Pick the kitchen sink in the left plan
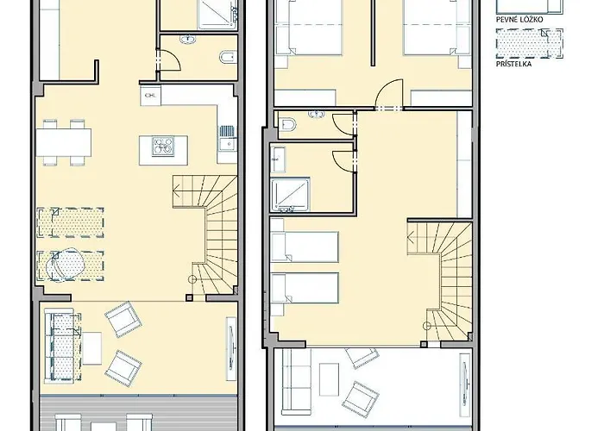(227, 134)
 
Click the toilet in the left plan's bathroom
(226, 59)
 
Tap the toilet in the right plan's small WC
(289, 125)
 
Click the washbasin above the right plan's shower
(279, 159)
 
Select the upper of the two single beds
(304, 247)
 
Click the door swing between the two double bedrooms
(389, 94)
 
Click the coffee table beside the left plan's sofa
(91, 348)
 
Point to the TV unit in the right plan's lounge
(464, 379)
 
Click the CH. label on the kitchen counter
(150, 95)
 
